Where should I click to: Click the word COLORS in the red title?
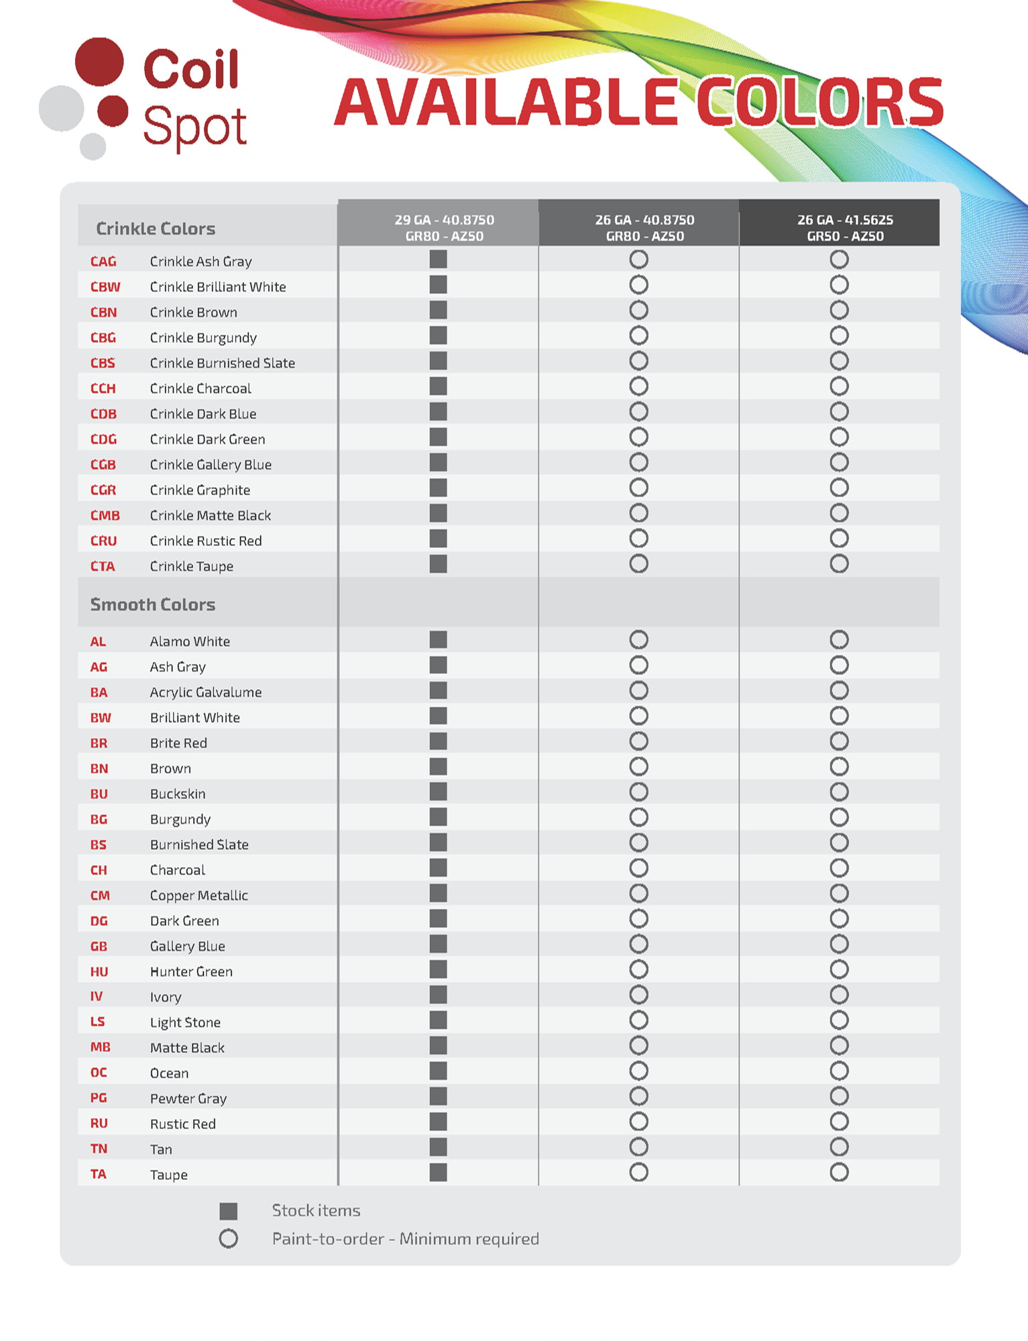(819, 102)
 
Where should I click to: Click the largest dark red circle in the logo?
(99, 62)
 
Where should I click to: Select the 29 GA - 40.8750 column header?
(444, 227)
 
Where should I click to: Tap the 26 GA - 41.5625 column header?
(845, 227)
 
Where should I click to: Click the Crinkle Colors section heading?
(156, 229)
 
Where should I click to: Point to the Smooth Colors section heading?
(153, 604)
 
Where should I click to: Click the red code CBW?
(105, 287)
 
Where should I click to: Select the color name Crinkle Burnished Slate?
(222, 363)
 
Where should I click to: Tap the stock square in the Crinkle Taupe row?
(438, 564)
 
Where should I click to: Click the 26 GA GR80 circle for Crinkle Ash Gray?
(638, 260)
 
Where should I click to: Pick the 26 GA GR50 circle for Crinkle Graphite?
(839, 488)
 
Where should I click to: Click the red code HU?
(99, 971)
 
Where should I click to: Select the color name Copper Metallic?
(198, 896)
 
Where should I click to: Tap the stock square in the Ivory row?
(438, 995)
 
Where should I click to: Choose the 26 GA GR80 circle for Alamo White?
(638, 640)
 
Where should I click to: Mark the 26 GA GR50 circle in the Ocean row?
(839, 1071)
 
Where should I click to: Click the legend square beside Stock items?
(229, 1211)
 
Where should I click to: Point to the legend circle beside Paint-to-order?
(229, 1238)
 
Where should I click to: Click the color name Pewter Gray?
(188, 1099)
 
